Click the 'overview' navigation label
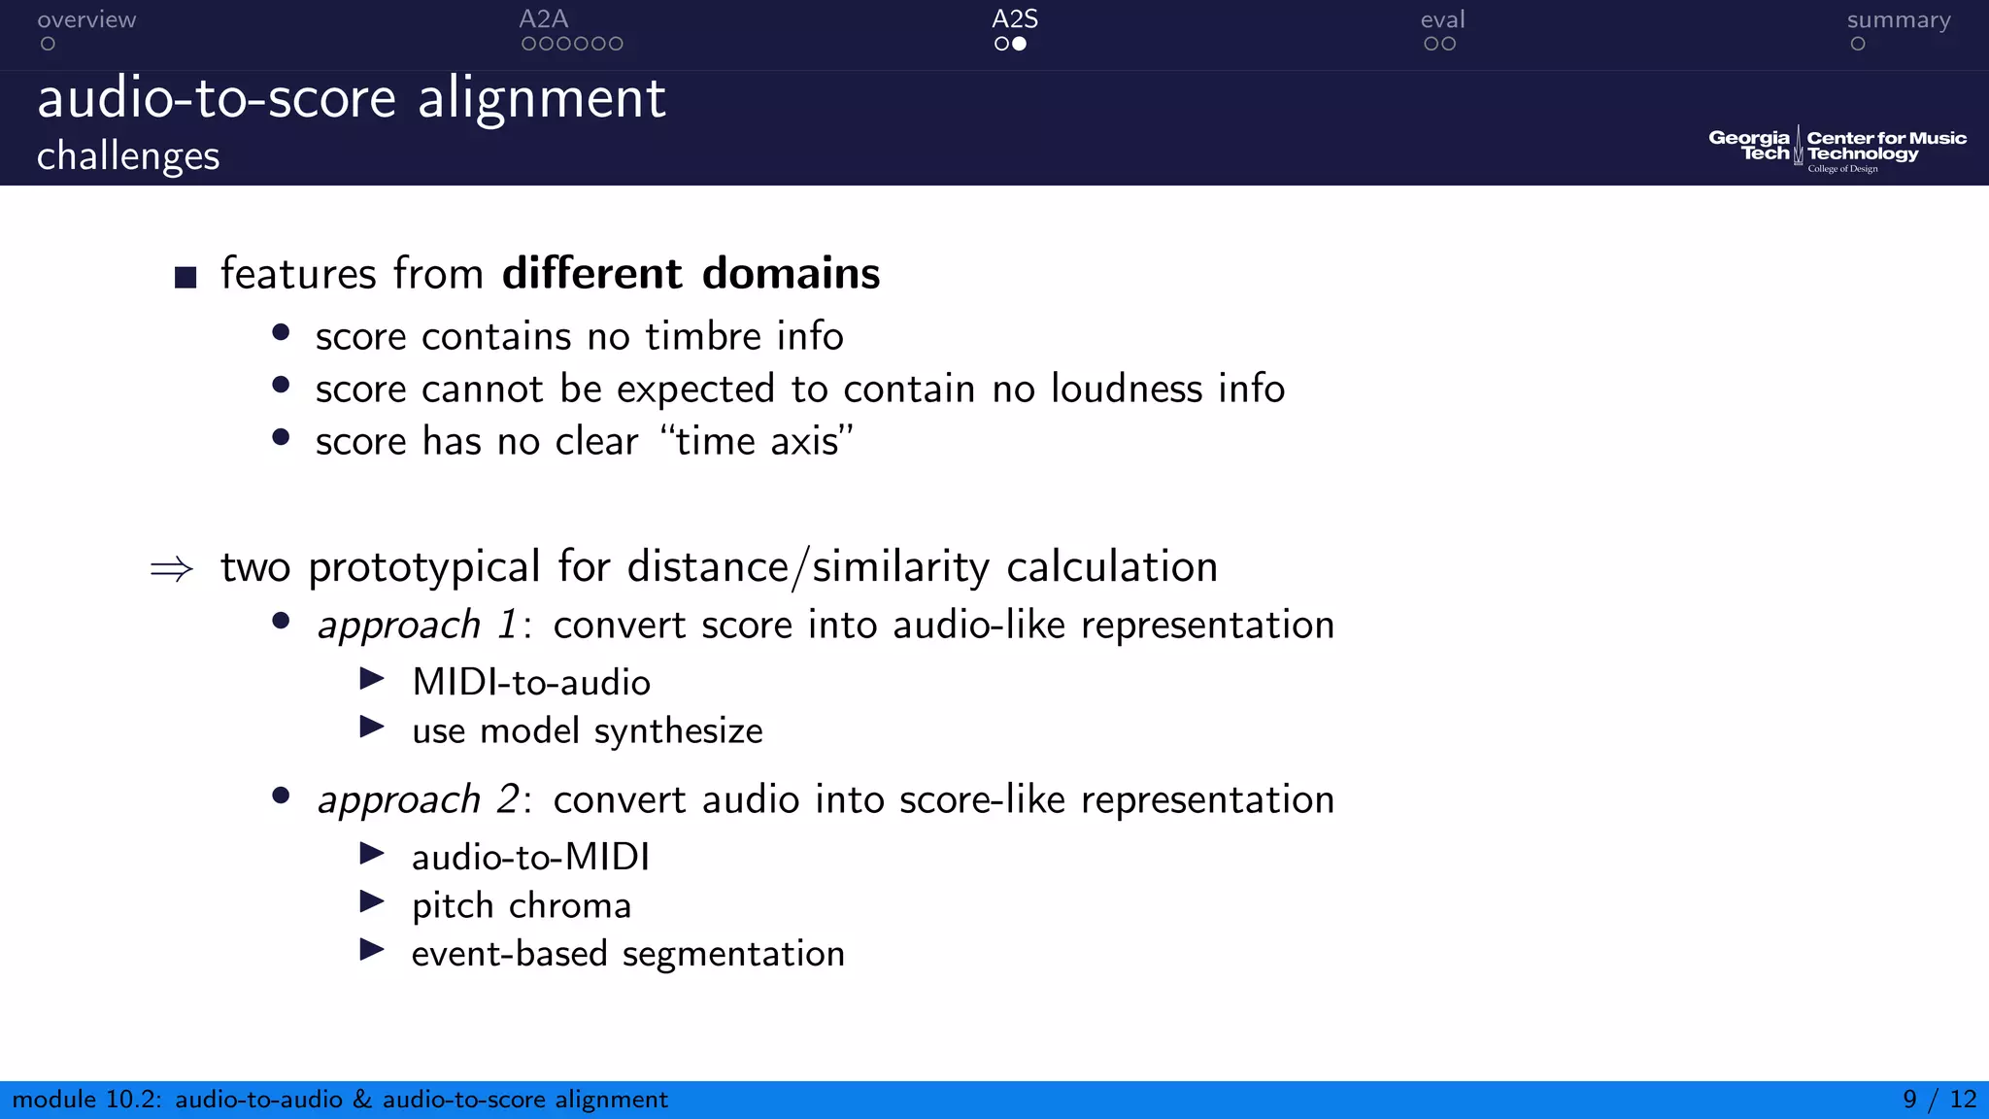coord(86,19)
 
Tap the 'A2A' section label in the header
coord(543,19)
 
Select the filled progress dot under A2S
coord(1019,44)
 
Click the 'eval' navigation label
coord(1442,19)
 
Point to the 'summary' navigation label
coord(1898,19)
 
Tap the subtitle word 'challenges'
coord(128,155)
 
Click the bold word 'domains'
coord(791,273)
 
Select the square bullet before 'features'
coord(185,278)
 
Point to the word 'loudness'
coord(1127,389)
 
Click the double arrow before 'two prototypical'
coord(172,569)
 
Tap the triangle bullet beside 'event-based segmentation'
coord(372,949)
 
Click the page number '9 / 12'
coord(1938,1100)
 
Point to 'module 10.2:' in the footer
coord(86,1100)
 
